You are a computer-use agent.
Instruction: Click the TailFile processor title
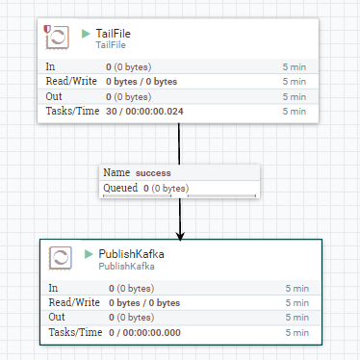point(114,34)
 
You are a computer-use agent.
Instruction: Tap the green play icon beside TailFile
point(86,35)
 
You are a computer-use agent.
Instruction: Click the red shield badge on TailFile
point(48,31)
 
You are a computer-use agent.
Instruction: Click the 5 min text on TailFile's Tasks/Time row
point(294,113)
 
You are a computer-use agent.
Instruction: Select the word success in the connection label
point(153,172)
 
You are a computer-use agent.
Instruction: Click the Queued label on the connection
point(119,188)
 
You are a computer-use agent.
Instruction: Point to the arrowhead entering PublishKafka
point(180,235)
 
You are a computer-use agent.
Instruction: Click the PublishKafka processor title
point(124,254)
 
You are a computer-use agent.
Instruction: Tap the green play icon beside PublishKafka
point(89,254)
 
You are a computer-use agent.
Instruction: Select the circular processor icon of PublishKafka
point(61,259)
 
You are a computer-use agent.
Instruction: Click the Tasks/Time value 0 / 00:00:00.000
point(149,332)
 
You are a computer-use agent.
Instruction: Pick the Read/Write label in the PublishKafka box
point(74,302)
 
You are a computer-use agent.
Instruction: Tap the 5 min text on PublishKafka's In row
point(296,288)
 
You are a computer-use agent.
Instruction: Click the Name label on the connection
point(116,172)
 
